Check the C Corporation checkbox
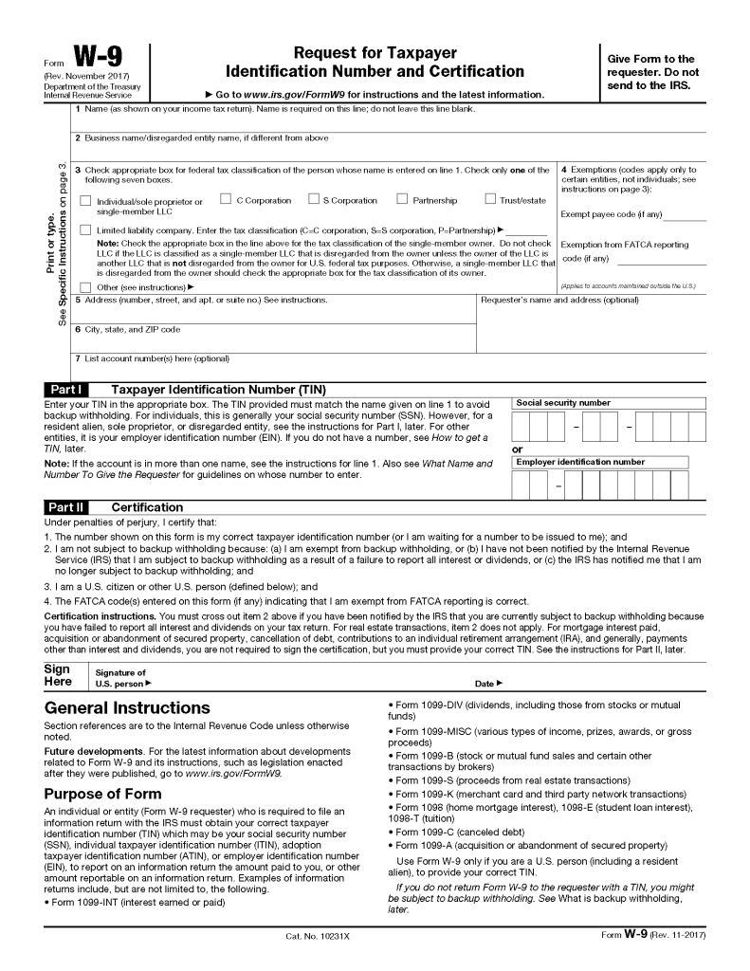(226, 199)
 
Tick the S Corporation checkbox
(313, 199)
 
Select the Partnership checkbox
(402, 199)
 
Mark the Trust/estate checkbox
(490, 199)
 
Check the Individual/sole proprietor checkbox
(86, 201)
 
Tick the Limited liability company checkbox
(86, 230)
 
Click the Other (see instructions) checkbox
(86, 286)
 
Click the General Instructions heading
(128, 708)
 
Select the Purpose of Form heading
(102, 794)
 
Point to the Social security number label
(563, 403)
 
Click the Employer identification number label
(580, 462)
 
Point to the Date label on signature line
(487, 683)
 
